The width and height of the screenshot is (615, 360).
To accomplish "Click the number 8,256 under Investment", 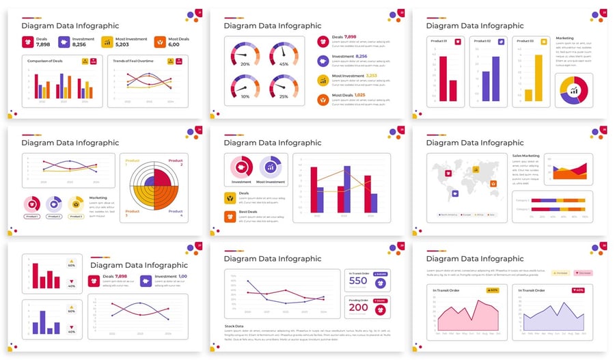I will (79, 44).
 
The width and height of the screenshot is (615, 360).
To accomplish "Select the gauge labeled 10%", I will (245, 87).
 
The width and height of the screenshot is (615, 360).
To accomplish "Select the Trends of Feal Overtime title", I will (133, 61).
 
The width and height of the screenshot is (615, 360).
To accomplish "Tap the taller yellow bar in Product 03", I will (538, 78).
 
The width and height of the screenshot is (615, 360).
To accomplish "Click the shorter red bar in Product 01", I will (452, 90).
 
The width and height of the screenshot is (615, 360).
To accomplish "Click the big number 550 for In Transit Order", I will (358, 281).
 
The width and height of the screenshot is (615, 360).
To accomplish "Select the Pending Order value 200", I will (358, 307).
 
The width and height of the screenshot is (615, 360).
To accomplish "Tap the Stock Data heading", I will (234, 326).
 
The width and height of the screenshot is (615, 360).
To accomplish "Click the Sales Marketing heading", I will (525, 156).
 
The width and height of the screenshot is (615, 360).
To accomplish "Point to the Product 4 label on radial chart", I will (176, 213).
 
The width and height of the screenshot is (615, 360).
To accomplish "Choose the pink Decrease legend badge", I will (583, 273).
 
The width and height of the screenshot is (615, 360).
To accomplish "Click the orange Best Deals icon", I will (230, 217).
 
